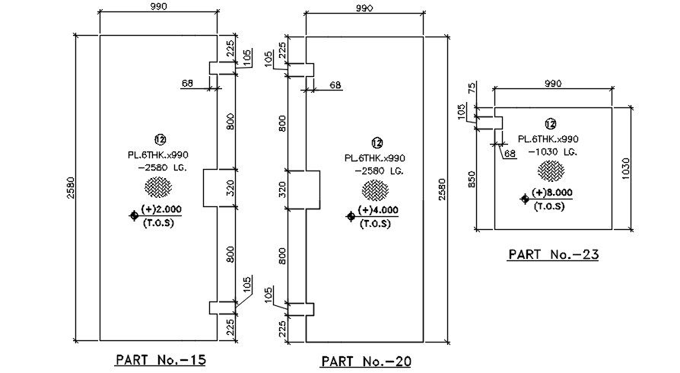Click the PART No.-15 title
pos(160,358)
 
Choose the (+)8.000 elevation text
pos(551,193)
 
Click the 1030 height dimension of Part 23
pos(626,167)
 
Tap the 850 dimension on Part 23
pos(472,180)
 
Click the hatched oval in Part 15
pos(159,186)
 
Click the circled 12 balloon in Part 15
pos(160,139)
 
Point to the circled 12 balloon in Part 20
pos(376,142)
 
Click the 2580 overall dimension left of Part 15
pos(70,186)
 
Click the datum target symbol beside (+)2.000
pos(134,216)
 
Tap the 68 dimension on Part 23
pos(510,154)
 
